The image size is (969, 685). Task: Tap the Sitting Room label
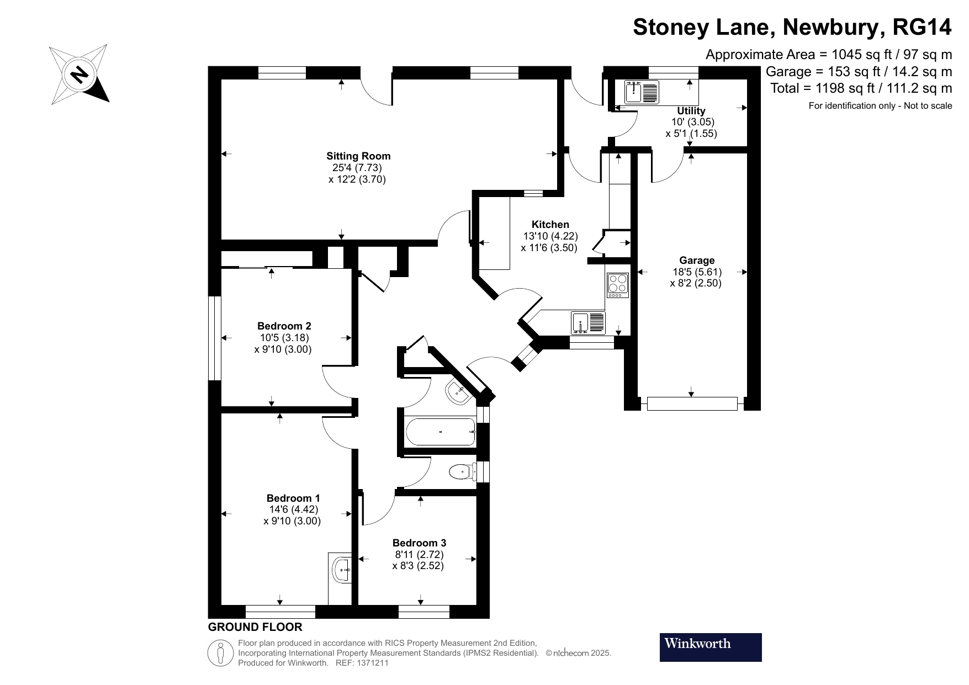click(x=358, y=156)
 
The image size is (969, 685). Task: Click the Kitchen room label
click(x=550, y=225)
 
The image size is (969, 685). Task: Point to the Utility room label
click(x=691, y=111)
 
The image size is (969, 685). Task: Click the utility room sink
click(x=642, y=92)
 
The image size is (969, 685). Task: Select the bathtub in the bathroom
click(x=440, y=432)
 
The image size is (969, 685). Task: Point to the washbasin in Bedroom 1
click(x=342, y=569)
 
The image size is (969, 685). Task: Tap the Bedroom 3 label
click(x=419, y=543)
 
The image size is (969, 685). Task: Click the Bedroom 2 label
click(x=284, y=326)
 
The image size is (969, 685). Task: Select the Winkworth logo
click(x=710, y=647)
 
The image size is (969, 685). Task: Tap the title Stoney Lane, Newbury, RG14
click(x=792, y=26)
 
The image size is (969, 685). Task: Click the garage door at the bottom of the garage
click(x=692, y=403)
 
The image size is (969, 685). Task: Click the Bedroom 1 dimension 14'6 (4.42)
click(x=293, y=509)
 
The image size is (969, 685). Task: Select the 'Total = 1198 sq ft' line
click(x=861, y=88)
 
